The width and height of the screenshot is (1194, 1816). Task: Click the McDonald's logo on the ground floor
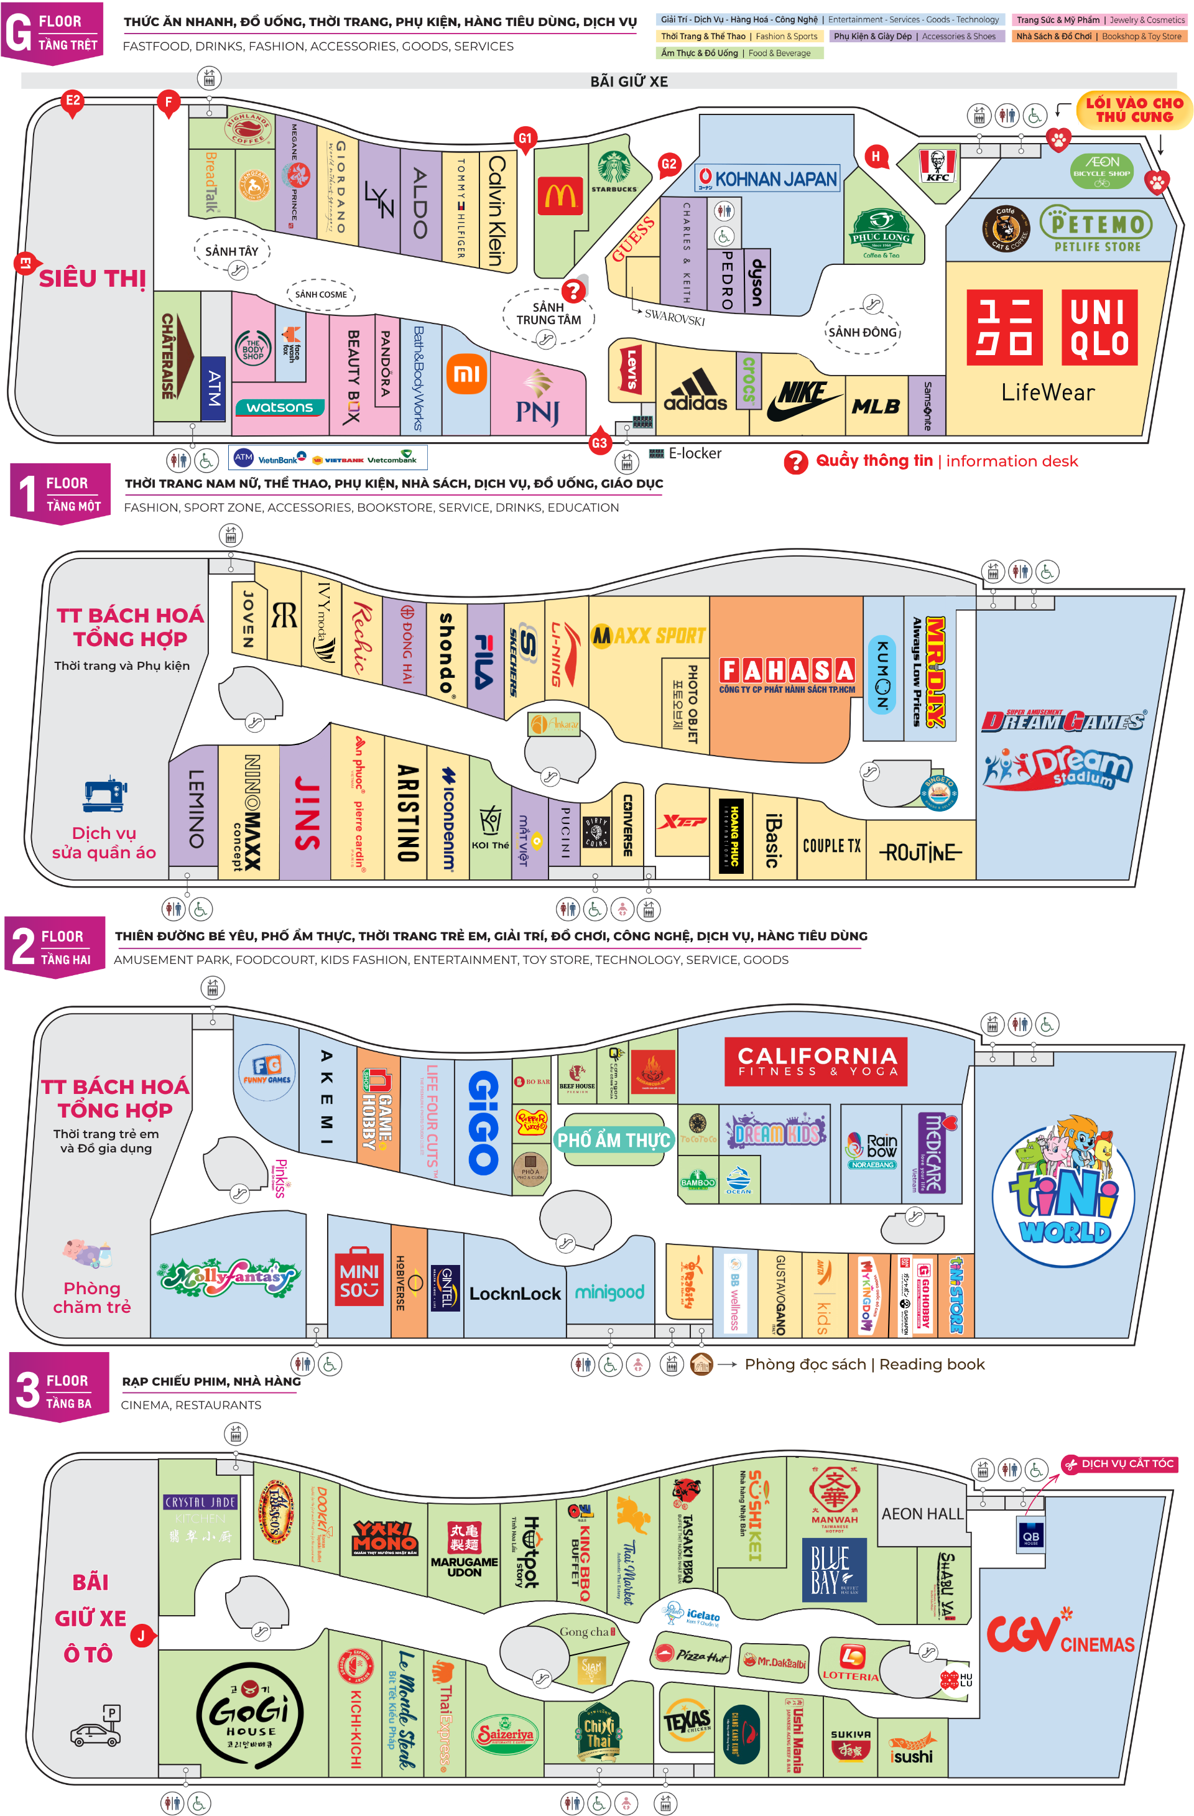(561, 196)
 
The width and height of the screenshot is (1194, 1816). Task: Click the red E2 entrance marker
(73, 101)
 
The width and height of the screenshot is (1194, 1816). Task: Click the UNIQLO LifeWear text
(1047, 393)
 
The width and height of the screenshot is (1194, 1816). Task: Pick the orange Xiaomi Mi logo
(466, 374)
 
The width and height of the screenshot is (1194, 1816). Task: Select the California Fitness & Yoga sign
(815, 1060)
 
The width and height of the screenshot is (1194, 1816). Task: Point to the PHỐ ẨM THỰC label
(613, 1140)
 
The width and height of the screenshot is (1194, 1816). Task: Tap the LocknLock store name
(514, 1294)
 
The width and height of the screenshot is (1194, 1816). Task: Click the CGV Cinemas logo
(1060, 1634)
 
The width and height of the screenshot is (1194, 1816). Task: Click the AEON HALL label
(922, 1514)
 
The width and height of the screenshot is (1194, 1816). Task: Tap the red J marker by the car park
(141, 1635)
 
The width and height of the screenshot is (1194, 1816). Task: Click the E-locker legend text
(694, 453)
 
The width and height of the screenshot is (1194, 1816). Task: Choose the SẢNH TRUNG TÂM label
(548, 313)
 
